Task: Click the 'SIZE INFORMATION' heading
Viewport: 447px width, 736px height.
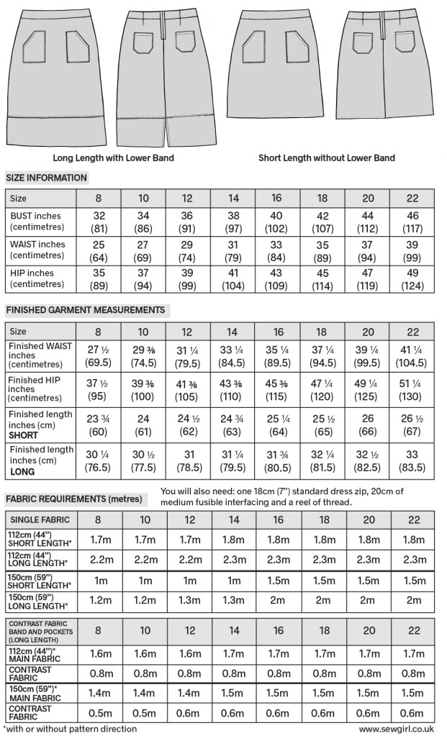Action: point(46,178)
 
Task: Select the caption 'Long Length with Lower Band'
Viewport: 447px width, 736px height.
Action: point(114,158)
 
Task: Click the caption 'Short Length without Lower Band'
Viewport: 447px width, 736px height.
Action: point(327,158)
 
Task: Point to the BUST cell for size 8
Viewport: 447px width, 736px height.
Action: point(99,222)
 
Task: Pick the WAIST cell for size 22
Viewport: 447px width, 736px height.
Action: point(413,250)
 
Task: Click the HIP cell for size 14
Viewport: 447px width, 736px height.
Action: point(233,278)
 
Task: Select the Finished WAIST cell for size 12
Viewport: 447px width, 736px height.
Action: point(189,357)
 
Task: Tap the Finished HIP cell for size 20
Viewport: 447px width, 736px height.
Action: point(368,389)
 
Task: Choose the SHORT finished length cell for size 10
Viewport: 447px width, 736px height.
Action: point(143,422)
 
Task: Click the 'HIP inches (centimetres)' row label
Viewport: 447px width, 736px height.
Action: point(35,278)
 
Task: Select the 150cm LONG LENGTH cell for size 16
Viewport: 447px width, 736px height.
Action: point(279,600)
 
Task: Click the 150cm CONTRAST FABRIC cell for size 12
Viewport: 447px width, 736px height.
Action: point(189,712)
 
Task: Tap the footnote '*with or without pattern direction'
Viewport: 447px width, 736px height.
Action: point(70,728)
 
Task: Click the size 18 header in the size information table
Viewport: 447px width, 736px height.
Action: point(323,198)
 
